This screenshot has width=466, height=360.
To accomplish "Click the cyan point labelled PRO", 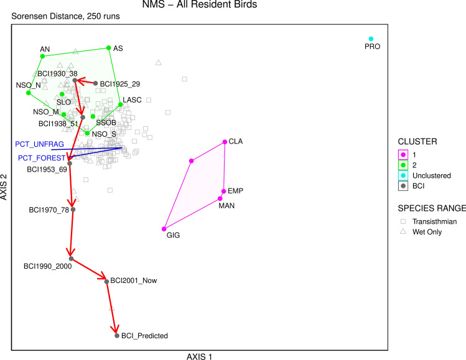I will pos(371,39).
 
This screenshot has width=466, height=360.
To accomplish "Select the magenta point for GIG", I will pos(164,229).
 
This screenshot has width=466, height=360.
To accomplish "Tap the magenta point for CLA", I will pos(224,142).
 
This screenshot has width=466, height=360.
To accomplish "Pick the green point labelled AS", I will pos(109,47).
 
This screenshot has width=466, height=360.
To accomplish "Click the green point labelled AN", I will pos(42,56).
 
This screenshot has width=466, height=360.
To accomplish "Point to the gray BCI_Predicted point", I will pos(117,336).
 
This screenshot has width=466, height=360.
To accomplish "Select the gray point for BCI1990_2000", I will pos(71,259).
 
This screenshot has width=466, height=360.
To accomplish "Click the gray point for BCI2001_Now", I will pos(107,281).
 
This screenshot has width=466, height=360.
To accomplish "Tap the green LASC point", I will pos(120,104).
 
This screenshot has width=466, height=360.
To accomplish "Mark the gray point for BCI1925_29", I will pos(95,83).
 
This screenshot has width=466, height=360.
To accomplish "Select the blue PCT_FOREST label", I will pos(41,158).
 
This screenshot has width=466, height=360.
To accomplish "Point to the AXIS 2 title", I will pos(5,187).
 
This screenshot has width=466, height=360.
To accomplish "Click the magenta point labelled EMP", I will pos(223,192).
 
